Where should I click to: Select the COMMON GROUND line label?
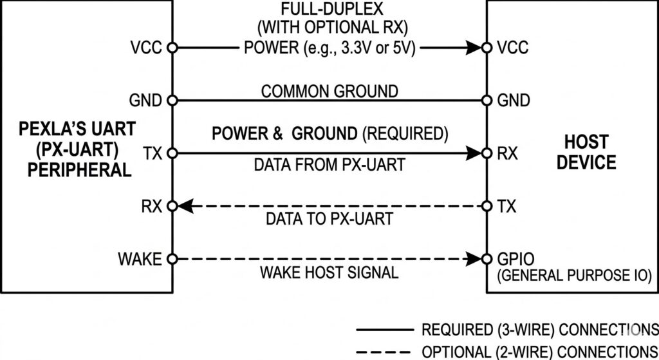[x=329, y=90]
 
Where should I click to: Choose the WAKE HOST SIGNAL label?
[x=329, y=272]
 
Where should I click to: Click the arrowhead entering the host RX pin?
[x=476, y=153]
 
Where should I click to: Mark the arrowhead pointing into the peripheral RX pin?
[x=183, y=206]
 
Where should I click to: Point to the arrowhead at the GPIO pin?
[x=476, y=260]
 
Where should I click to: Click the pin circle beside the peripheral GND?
[x=172, y=100]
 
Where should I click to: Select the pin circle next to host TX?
[x=487, y=206]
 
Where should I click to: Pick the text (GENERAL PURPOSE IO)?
[x=575, y=275]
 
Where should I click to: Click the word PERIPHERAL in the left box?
[x=75, y=169]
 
